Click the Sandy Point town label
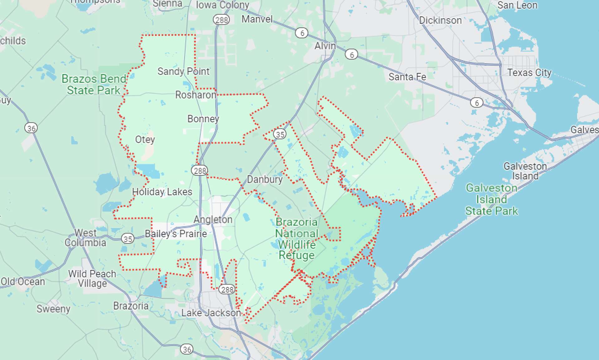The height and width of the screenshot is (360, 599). (183, 71)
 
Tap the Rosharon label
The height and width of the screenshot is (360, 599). (196, 95)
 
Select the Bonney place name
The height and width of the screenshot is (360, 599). (203, 119)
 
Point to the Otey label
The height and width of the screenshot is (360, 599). (145, 139)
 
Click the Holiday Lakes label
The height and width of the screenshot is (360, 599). (162, 192)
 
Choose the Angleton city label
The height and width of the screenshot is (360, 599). (213, 220)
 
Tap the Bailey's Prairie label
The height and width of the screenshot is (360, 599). (176, 234)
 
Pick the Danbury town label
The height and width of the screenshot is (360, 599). (265, 179)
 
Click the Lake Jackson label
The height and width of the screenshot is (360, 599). (211, 313)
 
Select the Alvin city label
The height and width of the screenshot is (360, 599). (325, 46)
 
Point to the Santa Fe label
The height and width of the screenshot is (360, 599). (407, 77)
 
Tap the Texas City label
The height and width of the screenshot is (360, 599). (529, 73)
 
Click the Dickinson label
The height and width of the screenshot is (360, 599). (440, 21)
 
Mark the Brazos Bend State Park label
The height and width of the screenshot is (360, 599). (94, 85)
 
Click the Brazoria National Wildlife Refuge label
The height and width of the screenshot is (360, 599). (296, 239)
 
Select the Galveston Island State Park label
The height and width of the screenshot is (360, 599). (491, 200)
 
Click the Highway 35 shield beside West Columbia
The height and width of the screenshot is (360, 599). (128, 239)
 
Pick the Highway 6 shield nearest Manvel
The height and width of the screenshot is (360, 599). (302, 33)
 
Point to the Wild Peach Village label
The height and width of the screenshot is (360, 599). (92, 279)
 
